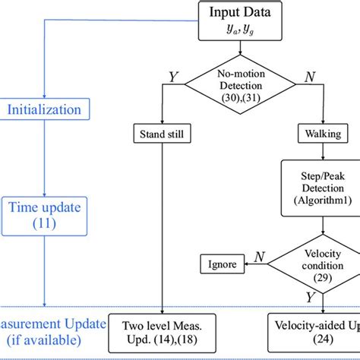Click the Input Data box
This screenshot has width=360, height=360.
pos(240,21)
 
